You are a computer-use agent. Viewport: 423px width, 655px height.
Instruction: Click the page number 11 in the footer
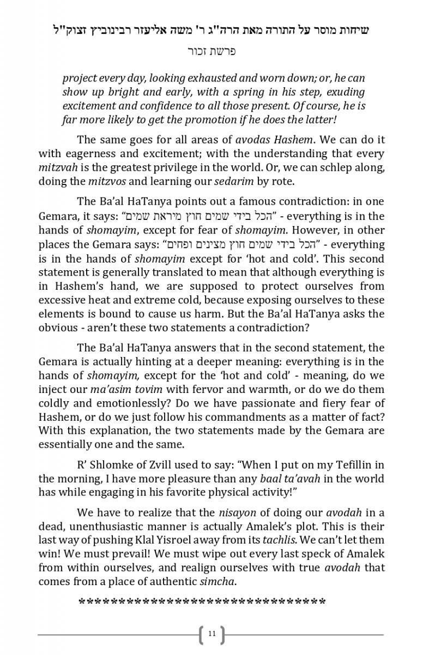[x=212, y=634]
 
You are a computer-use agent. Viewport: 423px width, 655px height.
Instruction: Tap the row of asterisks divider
[x=202, y=603]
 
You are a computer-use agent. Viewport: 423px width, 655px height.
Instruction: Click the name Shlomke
[x=115, y=465]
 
